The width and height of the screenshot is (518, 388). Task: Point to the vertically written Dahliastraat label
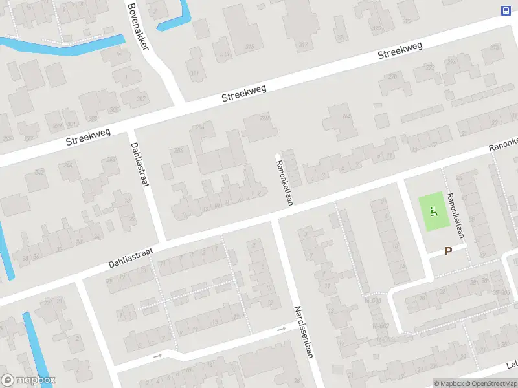tap(140, 164)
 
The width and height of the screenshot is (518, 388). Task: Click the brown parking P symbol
tap(447, 252)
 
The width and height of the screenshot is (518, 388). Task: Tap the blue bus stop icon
tap(505, 10)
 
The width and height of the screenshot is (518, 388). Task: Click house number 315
tap(250, 47)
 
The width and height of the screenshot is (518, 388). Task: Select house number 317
tap(304, 44)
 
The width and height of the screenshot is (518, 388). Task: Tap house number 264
tap(346, 117)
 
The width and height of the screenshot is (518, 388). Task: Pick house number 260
tap(264, 118)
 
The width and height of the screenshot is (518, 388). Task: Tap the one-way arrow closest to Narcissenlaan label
tap(281, 329)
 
